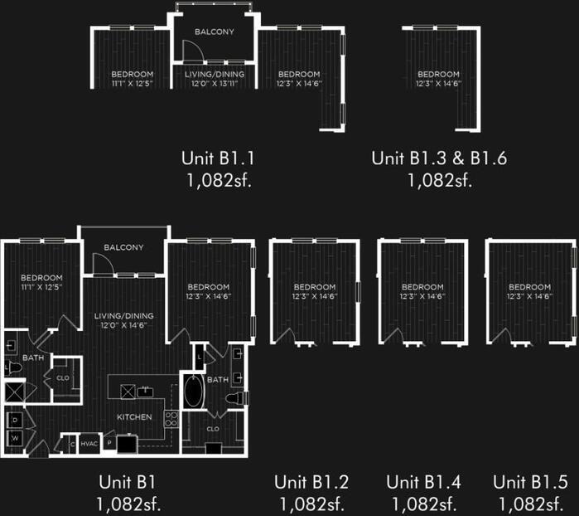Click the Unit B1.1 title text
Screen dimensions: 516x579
pos(216,158)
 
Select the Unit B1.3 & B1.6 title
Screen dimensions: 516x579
pos(439,158)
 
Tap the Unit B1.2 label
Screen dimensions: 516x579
pos(311,482)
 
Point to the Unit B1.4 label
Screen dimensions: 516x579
pos(423,482)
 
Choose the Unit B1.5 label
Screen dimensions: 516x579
pos(530,482)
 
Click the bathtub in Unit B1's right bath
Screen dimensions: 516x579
pos(192,392)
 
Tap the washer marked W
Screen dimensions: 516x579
pos(14,436)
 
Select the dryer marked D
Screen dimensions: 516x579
pos(14,419)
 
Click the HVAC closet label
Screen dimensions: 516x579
pos(89,444)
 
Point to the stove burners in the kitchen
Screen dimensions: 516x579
pos(171,419)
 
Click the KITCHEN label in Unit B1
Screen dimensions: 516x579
pos(133,416)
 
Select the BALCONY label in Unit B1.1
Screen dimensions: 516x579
pos(214,32)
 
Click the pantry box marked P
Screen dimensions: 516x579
pos(109,444)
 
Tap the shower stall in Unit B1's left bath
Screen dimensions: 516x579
pos(14,392)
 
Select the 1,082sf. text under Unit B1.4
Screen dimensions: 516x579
pos(423,503)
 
